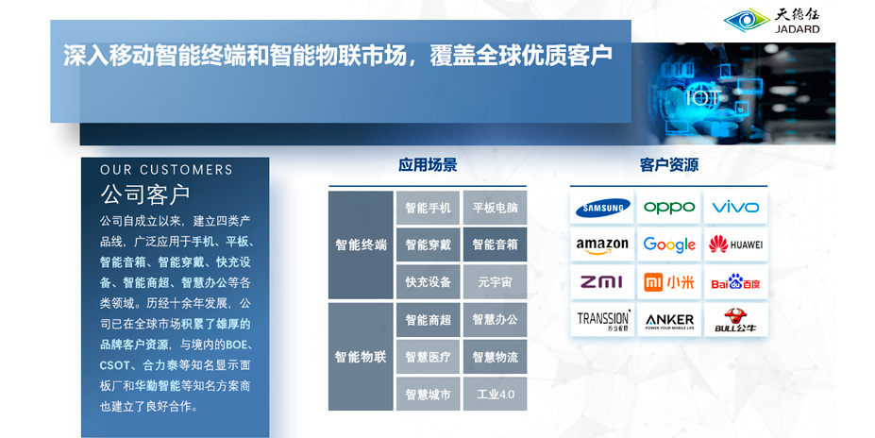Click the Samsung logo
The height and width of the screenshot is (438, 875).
(x=602, y=208)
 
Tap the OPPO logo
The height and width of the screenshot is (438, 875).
(x=669, y=208)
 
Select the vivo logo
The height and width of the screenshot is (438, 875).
(x=735, y=208)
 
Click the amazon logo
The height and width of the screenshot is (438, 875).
(x=602, y=245)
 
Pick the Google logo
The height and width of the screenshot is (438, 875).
(x=669, y=244)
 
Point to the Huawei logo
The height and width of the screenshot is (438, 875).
(x=735, y=244)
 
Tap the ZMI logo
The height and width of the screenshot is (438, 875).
(x=601, y=282)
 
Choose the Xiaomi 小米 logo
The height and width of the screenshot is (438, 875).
(x=669, y=282)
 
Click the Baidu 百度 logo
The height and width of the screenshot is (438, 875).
(x=735, y=281)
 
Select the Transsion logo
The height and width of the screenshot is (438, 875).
(x=603, y=320)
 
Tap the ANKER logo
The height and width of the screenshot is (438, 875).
(x=669, y=321)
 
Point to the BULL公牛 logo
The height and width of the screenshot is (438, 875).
(x=735, y=320)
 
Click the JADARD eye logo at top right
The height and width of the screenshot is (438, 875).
(x=747, y=21)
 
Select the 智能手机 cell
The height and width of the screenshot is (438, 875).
(x=428, y=208)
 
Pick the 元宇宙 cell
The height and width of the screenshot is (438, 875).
(x=495, y=282)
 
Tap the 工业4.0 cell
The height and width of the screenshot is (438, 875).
(x=495, y=395)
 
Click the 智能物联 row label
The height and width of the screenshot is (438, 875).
(x=361, y=357)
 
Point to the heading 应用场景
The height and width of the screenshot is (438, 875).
(x=428, y=165)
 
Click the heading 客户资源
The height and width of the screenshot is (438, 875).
(x=668, y=165)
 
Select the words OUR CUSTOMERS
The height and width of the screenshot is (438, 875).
(x=166, y=170)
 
